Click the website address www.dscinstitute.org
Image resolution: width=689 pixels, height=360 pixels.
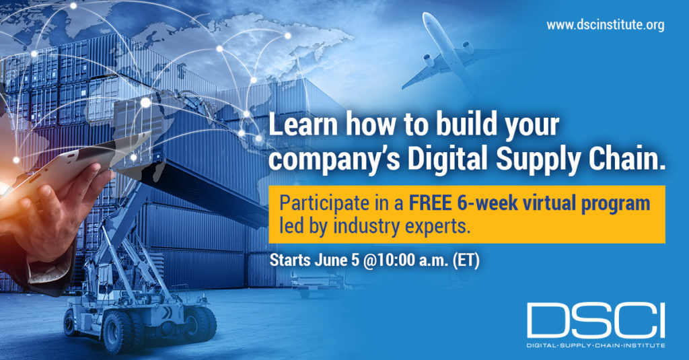coord(605,25)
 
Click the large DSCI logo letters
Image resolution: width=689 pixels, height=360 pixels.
coord(596,320)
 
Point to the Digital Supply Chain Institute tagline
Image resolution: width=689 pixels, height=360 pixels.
coord(596,345)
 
